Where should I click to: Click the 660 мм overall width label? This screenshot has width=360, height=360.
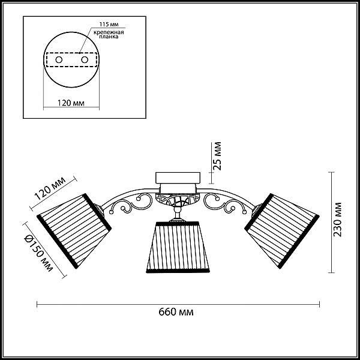pyautogui.click(x=176, y=312)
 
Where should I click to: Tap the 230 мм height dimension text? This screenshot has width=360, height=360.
pyautogui.click(x=337, y=220)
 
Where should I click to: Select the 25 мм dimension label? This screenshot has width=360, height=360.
pyautogui.click(x=217, y=156)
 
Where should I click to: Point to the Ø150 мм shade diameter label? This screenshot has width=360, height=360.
pyautogui.click(x=38, y=253)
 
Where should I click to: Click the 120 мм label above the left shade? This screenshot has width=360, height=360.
pyautogui.click(x=50, y=188)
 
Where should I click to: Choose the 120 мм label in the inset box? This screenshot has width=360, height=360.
pyautogui.click(x=71, y=103)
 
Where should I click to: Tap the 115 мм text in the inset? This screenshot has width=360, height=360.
pyautogui.click(x=109, y=25)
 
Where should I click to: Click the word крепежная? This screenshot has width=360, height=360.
pyautogui.click(x=109, y=32)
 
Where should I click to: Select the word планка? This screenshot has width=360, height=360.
pyautogui.click(x=109, y=37)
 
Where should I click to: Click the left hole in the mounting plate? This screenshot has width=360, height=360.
pyautogui.click(x=59, y=60)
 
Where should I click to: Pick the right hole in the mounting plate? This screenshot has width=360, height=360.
pyautogui.click(x=85, y=60)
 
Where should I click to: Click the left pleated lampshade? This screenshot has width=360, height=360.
pyautogui.click(x=74, y=231)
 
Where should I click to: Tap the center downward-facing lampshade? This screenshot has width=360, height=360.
pyautogui.click(x=178, y=247)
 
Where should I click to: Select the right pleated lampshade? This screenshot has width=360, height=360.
pyautogui.click(x=282, y=231)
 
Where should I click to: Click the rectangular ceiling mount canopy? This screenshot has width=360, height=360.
pyautogui.click(x=178, y=178)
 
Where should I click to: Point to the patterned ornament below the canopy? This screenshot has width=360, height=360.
pyautogui.click(x=178, y=199)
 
